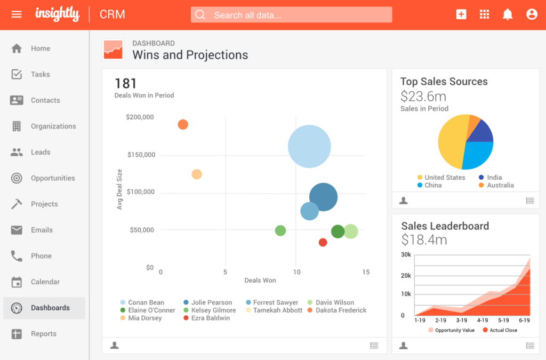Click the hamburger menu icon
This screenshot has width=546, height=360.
tap(17, 14)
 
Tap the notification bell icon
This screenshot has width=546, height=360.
tap(508, 14)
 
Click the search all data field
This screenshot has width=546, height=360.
tap(291, 15)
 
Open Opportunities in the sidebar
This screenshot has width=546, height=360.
tap(52, 178)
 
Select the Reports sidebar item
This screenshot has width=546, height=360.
tap(43, 334)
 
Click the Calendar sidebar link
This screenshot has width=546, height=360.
tap(45, 282)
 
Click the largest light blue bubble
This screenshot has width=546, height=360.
tap(309, 146)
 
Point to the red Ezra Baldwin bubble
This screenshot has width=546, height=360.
tap(323, 243)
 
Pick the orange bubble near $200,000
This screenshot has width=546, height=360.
tap(183, 125)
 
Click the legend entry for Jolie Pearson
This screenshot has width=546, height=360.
tap(211, 302)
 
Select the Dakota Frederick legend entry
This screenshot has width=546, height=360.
tap(340, 310)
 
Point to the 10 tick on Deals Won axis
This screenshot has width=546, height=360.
tap(296, 272)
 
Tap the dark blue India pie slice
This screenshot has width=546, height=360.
tap(483, 132)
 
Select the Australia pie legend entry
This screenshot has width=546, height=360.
tap(500, 185)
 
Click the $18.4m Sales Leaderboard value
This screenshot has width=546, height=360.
tap(424, 240)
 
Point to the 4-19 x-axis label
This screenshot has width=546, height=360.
tap(483, 321)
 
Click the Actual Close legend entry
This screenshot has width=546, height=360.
tap(503, 330)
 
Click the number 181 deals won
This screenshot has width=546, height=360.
tap(126, 83)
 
